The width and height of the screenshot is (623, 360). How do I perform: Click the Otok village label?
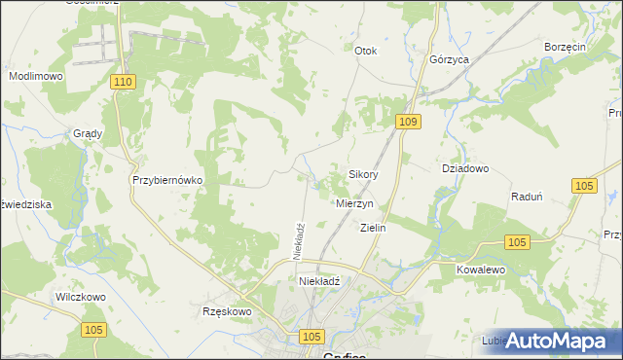pos(366,51)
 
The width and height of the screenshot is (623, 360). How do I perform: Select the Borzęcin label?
pos(564,47)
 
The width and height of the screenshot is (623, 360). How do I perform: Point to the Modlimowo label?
pos(35,76)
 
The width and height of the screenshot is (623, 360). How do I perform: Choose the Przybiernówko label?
pos(166,181)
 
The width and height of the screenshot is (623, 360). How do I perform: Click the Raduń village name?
pos(527,196)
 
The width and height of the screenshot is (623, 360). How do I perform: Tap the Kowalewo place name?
pos(484,268)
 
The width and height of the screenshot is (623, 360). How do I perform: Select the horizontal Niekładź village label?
pos(319,281)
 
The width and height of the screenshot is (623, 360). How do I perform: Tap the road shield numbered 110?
pos(122,84)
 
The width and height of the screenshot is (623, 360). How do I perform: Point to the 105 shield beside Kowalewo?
pos(517,242)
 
